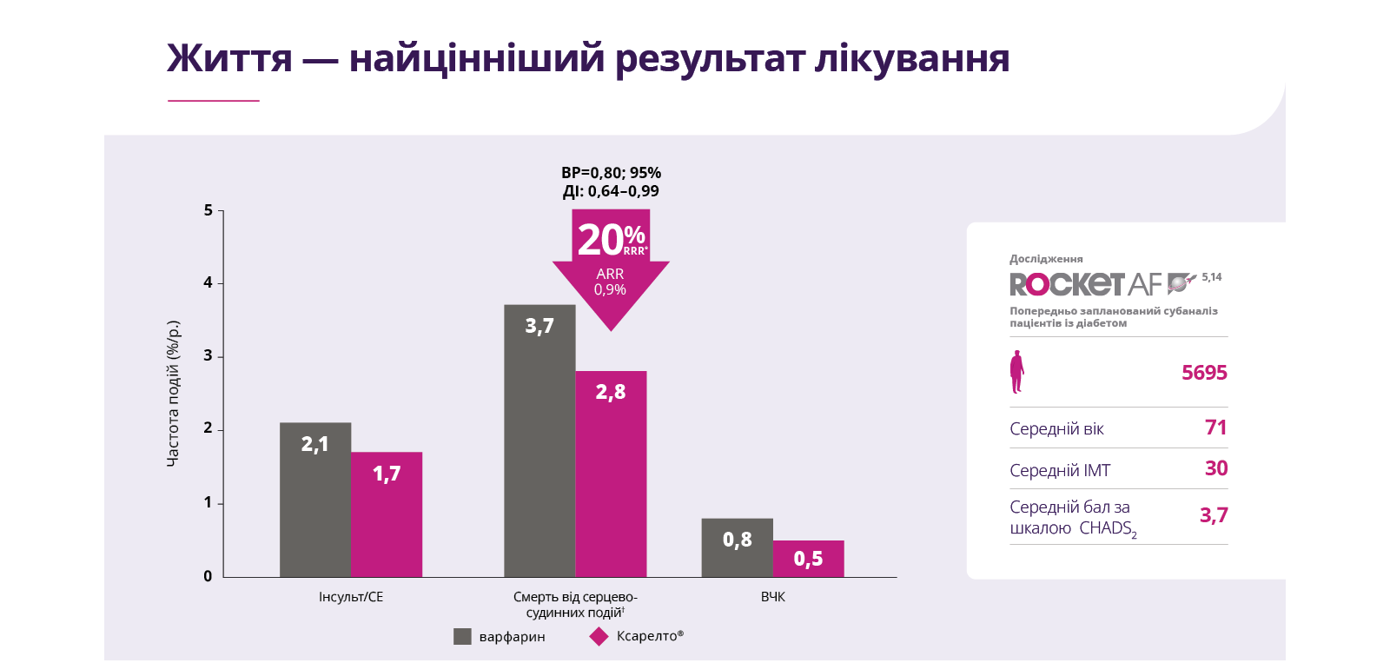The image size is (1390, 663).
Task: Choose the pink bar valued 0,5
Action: click(x=808, y=559)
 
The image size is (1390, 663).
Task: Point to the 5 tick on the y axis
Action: click(x=208, y=210)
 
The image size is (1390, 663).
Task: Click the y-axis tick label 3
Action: click(x=208, y=355)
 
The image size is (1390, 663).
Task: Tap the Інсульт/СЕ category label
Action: click(x=351, y=597)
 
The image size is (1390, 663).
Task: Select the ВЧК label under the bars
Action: click(x=772, y=597)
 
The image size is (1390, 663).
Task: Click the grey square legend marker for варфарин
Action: click(x=462, y=636)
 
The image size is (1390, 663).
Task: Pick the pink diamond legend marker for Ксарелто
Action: click(x=599, y=636)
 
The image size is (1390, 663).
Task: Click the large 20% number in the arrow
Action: click(x=600, y=240)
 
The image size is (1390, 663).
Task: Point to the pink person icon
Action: click(x=1016, y=372)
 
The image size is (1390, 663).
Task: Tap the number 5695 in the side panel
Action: click(x=1204, y=373)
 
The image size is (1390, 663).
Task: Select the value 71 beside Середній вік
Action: click(x=1215, y=428)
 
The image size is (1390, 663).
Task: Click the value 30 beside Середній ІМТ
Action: click(x=1215, y=468)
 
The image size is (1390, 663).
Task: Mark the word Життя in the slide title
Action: click(x=229, y=59)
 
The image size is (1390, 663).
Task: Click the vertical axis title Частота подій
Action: click(x=173, y=394)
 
